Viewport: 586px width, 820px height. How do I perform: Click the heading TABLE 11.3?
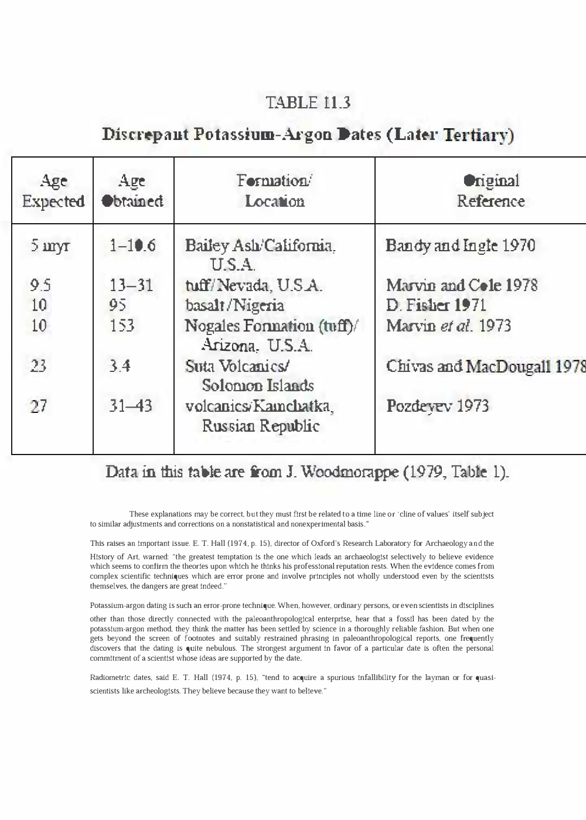tap(308, 102)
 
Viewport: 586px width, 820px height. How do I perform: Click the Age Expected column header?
tap(53, 191)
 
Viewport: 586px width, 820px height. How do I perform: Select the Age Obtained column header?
tap(132, 191)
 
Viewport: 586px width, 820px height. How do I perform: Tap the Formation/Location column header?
tap(274, 191)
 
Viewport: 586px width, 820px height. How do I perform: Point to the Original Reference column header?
tap(490, 191)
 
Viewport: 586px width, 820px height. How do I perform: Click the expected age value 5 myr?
tap(50, 245)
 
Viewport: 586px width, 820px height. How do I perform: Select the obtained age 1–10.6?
tap(133, 245)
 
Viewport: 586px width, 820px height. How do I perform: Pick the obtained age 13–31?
tap(131, 285)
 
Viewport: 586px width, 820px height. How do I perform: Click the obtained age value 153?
tap(122, 325)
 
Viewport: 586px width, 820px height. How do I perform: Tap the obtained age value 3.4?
tap(120, 366)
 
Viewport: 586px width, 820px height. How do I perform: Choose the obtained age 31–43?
tap(131, 406)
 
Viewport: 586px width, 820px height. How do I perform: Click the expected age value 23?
tap(39, 366)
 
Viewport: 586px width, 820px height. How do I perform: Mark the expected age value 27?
tap(39, 406)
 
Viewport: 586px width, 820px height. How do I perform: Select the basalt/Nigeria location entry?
tap(234, 305)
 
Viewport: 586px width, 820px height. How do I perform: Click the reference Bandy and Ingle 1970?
tap(461, 245)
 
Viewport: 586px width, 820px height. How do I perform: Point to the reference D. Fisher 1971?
tap(436, 305)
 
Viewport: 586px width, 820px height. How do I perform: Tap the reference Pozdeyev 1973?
tap(437, 406)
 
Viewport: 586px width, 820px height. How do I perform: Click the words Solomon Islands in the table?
tap(258, 386)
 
